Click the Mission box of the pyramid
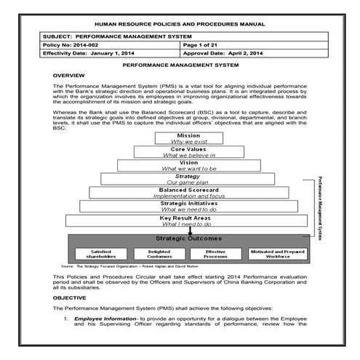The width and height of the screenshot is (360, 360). pos(188,138)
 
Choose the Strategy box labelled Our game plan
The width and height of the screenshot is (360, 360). pos(188,179)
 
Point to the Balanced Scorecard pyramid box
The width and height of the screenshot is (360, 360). pos(188,193)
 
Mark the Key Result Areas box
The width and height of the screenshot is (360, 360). pos(188,220)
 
